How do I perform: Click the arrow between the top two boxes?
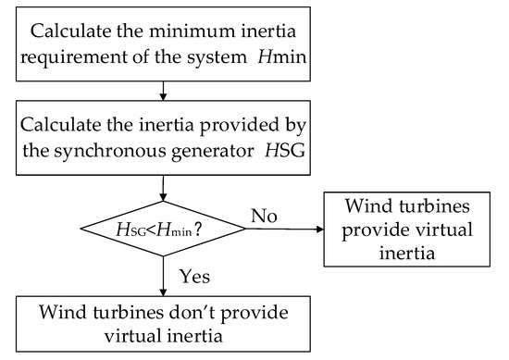(x=162, y=90)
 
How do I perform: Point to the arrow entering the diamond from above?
(x=162, y=188)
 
